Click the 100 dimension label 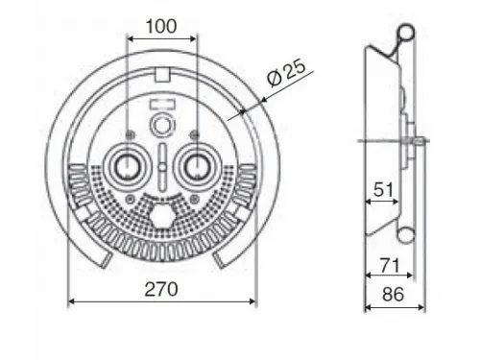161,26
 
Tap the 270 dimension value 161,289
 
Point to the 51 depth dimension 383,190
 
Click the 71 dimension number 390,266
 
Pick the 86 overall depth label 393,294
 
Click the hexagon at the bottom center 163,215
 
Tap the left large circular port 127,166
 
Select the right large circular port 197,166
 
